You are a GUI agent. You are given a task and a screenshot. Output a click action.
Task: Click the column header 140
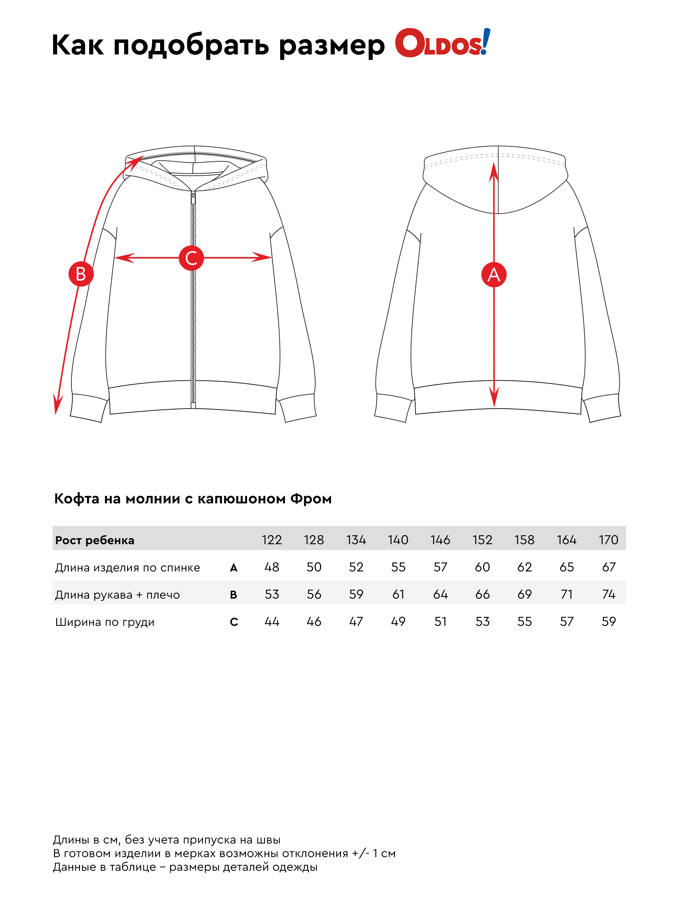[398, 540]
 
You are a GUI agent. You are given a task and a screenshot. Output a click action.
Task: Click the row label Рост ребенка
[95, 540]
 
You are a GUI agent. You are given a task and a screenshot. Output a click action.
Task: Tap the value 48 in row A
[272, 567]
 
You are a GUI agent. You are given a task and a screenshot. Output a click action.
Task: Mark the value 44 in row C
[272, 622]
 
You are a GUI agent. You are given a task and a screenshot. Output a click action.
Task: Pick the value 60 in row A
[482, 567]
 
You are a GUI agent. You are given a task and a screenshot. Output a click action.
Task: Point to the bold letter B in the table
[234, 595]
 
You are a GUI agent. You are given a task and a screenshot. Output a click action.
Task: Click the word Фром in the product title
[311, 499]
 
